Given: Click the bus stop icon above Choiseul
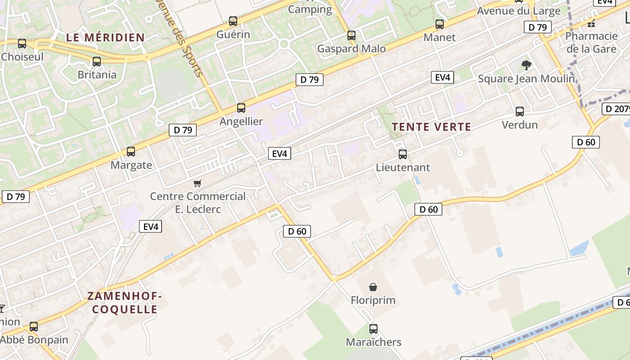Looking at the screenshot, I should (22, 44).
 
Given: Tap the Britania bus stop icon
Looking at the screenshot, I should (97, 62).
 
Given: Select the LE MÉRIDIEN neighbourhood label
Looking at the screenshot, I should (105, 37).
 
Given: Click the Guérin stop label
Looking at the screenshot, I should (233, 34).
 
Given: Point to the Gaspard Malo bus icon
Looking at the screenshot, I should (351, 35).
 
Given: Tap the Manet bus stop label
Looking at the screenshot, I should (440, 37).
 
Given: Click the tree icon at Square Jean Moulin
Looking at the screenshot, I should (526, 66).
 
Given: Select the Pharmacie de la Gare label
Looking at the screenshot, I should (591, 42).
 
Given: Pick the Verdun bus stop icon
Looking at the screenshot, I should (520, 112).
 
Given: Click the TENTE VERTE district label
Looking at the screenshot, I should (431, 127).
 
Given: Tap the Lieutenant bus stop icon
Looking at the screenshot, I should (403, 154).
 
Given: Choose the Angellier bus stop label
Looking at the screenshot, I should (241, 121).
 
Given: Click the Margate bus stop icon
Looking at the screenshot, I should (131, 152).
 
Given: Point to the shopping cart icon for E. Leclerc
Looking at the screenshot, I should (197, 183).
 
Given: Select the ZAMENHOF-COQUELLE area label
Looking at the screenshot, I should (125, 303).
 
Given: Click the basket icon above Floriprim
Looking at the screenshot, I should (373, 287).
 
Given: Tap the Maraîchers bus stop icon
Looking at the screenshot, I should (373, 329).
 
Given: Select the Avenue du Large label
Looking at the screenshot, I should (518, 11).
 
